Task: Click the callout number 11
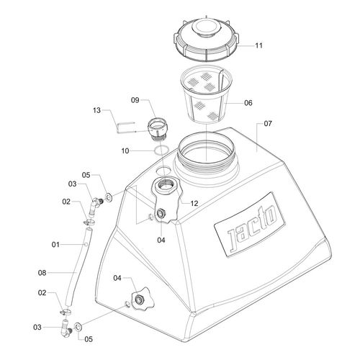[258, 45]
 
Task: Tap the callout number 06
[248, 103]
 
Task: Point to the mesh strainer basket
[207, 94]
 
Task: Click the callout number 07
[268, 124]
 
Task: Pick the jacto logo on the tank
[250, 225]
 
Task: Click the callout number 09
[135, 100]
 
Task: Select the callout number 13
[96, 110]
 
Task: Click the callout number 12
[194, 204]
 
